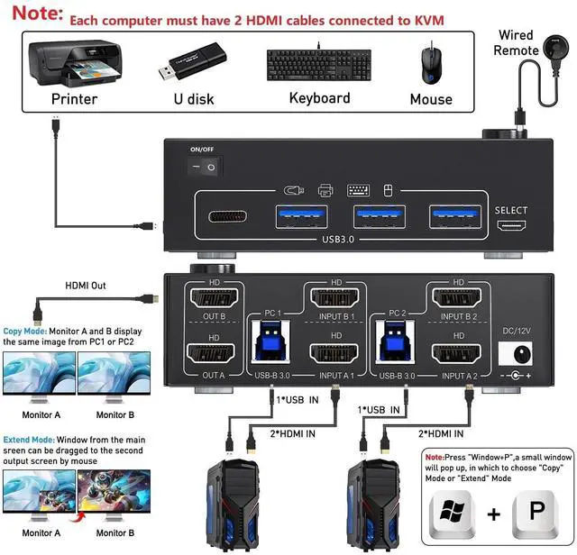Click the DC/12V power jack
517,354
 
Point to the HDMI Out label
86,286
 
